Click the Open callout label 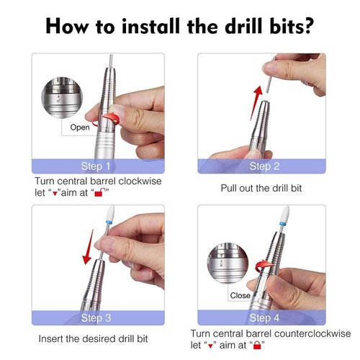point(80,127)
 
